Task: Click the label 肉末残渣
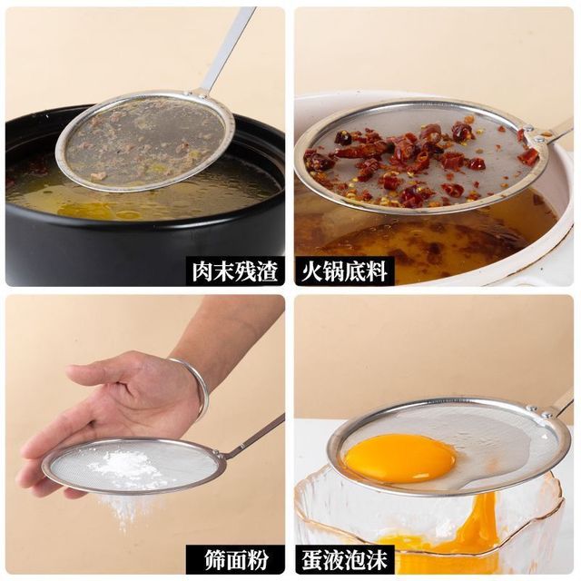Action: (235, 271)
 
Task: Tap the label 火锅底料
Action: (344, 271)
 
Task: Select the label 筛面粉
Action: (236, 559)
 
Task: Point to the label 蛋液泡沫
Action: (344, 559)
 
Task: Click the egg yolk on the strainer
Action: (399, 458)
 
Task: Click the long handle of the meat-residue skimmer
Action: (226, 48)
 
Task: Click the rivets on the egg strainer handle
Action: (538, 411)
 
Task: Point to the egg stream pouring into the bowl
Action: (478, 518)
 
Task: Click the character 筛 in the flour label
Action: (215, 559)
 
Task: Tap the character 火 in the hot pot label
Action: (311, 271)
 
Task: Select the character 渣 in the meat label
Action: (268, 271)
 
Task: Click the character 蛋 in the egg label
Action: (311, 559)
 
